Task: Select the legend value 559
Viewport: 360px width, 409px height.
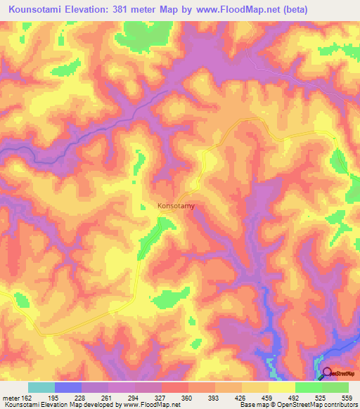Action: (x=342, y=397)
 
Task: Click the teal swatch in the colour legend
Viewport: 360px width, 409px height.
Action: (x=41, y=387)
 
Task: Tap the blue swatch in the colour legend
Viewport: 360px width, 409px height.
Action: (x=68, y=387)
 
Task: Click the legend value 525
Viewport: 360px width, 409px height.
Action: (x=318, y=397)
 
